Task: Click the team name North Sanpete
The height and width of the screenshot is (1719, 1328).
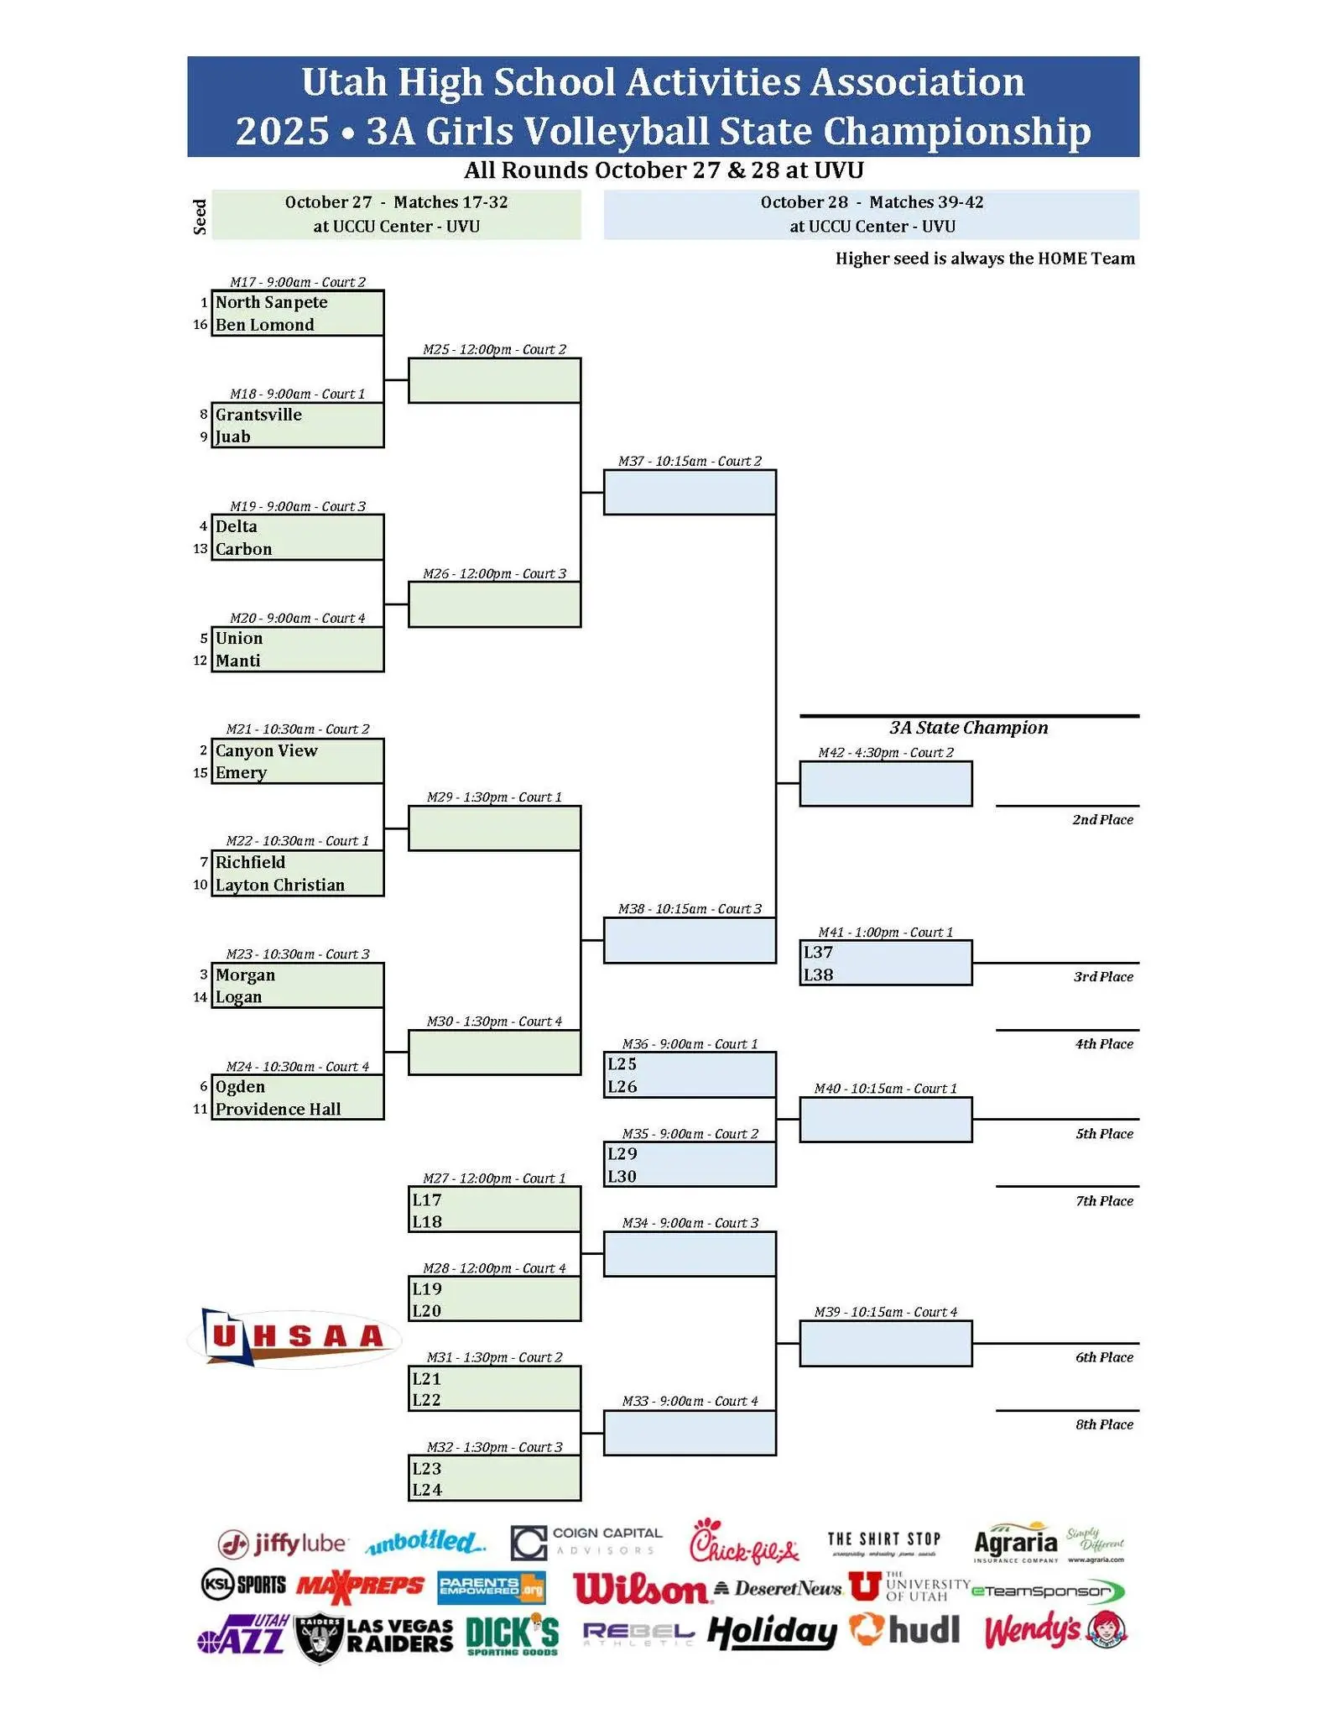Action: tap(271, 302)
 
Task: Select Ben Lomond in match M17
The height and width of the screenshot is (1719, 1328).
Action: tap(264, 325)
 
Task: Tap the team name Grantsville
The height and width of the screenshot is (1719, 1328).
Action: tap(258, 415)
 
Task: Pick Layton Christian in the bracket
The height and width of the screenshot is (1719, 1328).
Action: tap(279, 886)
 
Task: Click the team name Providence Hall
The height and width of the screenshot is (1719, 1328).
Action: tap(278, 1110)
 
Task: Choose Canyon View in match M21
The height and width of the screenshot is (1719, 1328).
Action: tap(266, 751)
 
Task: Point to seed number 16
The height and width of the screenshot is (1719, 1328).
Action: tap(200, 325)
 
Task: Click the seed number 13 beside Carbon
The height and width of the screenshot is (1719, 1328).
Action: tap(200, 549)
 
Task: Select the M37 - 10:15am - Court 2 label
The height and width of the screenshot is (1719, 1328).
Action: tap(690, 461)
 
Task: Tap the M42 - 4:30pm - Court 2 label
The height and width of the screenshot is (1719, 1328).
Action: tap(886, 753)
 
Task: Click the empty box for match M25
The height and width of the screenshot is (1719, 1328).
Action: tap(494, 380)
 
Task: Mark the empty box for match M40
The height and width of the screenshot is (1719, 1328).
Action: tap(886, 1120)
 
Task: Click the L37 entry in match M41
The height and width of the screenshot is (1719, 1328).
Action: tap(818, 953)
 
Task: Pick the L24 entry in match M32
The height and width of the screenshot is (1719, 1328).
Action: tap(426, 1490)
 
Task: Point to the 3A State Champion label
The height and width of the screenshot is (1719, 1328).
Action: tap(969, 728)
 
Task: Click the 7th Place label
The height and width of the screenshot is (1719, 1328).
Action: tap(1104, 1201)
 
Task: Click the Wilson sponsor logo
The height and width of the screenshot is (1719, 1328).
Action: tap(640, 1588)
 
